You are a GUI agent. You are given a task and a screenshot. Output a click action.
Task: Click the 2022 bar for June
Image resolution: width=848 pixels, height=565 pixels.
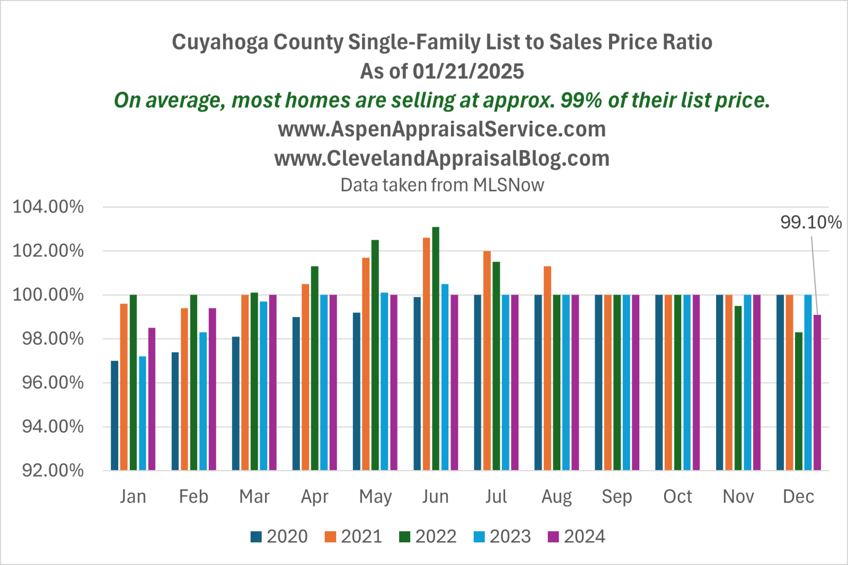(436, 348)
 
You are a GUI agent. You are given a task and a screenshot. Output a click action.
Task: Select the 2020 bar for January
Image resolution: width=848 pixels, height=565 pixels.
(115, 415)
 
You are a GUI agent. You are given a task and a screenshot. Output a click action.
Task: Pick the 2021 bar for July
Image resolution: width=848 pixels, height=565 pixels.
(487, 360)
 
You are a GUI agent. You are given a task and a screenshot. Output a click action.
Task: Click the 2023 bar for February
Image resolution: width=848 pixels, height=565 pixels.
(203, 401)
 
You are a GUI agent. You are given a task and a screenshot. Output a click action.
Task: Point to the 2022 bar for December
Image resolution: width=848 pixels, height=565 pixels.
(799, 401)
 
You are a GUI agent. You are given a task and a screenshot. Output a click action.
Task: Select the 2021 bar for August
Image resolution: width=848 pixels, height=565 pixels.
(548, 368)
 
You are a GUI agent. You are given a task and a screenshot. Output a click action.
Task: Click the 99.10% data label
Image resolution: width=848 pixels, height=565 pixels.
(810, 223)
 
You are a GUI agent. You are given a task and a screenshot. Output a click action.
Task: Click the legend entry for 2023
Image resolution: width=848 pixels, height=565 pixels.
(502, 536)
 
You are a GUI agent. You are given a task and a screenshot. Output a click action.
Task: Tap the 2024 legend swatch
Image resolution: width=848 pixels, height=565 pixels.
(553, 537)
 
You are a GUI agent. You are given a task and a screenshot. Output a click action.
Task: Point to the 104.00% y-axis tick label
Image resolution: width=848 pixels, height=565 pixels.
(49, 207)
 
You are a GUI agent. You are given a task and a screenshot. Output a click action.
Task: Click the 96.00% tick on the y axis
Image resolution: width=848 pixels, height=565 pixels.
(53, 383)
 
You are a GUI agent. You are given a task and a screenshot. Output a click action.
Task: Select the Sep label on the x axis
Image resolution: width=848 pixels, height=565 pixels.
(617, 497)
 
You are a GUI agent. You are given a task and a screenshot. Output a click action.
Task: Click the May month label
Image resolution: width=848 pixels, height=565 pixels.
(375, 497)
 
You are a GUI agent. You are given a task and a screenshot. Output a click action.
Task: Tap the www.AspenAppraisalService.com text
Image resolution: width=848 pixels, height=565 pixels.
(442, 129)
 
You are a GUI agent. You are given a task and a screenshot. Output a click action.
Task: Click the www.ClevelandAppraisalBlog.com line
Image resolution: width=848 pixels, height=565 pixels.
(442, 159)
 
